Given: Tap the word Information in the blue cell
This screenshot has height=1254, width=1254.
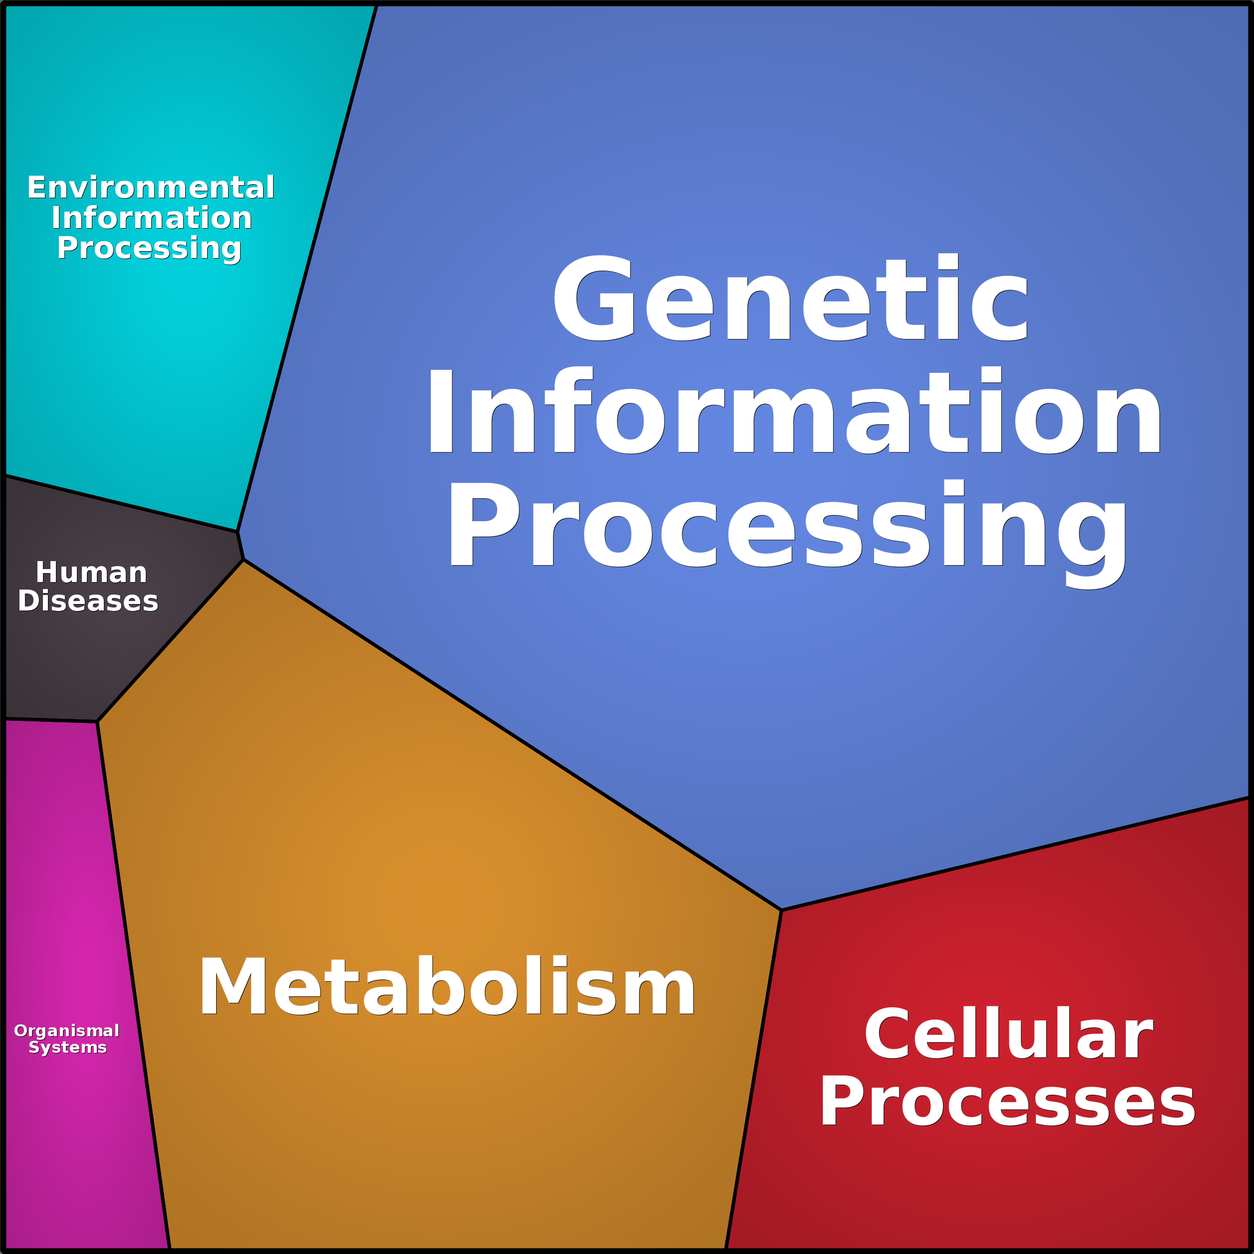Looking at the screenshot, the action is (x=793, y=409).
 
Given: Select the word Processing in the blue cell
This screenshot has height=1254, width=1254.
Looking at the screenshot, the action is (x=787, y=534).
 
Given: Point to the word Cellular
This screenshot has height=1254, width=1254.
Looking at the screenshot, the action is (x=1008, y=1033).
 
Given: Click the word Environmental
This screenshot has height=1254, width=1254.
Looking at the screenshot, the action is (x=151, y=188).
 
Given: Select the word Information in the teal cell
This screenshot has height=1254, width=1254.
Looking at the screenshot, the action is (x=152, y=218).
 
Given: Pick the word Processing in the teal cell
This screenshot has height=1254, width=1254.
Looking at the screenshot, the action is (x=149, y=249).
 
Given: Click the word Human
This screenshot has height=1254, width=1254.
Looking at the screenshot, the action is (x=91, y=573).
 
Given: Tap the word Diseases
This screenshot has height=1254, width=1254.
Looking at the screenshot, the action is (x=88, y=601).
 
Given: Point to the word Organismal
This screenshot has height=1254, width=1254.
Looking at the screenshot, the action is (x=67, y=1031).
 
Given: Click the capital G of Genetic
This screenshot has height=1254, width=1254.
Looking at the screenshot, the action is (x=593, y=297).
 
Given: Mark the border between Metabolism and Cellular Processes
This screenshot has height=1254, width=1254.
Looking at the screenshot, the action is (x=754, y=1079).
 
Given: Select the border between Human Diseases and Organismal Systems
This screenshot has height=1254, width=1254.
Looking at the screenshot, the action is (x=50, y=720).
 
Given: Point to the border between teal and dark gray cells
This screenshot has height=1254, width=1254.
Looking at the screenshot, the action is (x=121, y=504).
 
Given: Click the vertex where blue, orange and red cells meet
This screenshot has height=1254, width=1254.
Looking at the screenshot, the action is (x=781, y=910).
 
